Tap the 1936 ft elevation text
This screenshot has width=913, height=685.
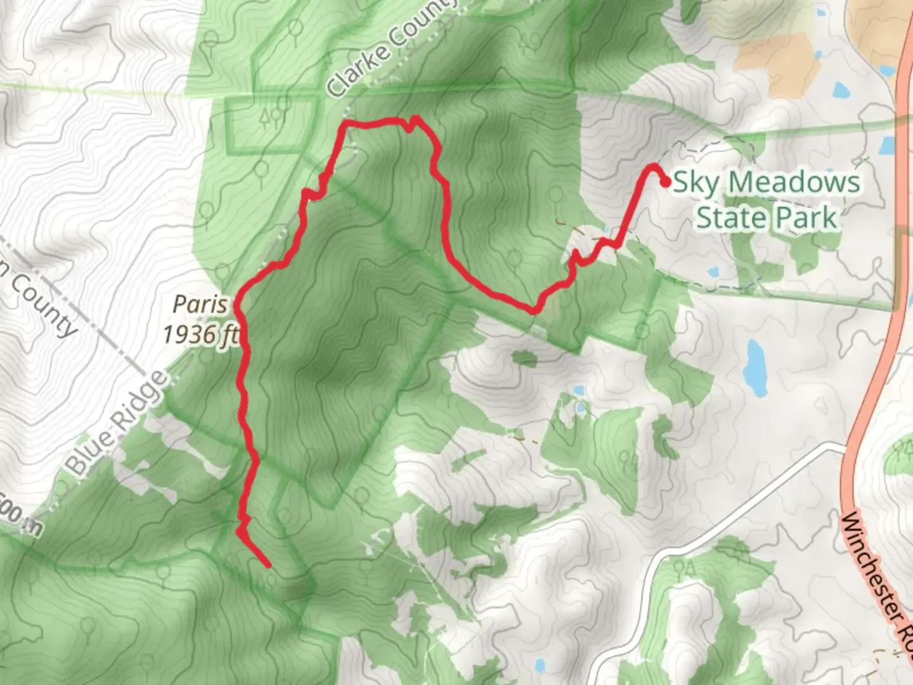(x=200, y=333)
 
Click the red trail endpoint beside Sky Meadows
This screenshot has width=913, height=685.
(x=666, y=183)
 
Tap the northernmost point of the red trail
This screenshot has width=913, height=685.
(x=415, y=118)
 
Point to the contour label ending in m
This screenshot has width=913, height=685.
(x=19, y=520)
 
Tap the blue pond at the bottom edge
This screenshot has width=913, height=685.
(x=540, y=666)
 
